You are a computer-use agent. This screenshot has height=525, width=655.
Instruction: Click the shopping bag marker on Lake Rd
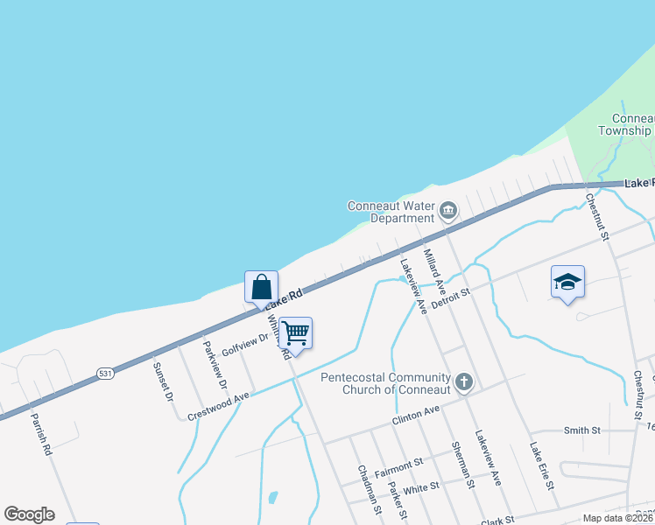pyautogui.click(x=261, y=286)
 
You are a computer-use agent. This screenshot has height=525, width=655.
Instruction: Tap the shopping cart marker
pyautogui.click(x=296, y=332)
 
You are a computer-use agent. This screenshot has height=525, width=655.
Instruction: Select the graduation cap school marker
pyautogui.click(x=567, y=282)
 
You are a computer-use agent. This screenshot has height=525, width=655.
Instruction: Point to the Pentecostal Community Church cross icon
pyautogui.click(x=464, y=381)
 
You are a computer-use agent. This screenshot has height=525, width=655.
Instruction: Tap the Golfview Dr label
pyautogui.click(x=244, y=346)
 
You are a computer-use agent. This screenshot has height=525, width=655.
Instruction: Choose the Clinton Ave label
pyautogui.click(x=415, y=412)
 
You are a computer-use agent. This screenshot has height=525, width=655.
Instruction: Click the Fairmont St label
pyautogui.click(x=398, y=465)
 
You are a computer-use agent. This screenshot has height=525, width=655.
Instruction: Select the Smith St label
pyautogui.click(x=582, y=430)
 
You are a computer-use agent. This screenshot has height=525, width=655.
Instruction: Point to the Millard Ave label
pyautogui.click(x=435, y=269)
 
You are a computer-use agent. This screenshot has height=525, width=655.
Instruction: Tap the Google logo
pyautogui.click(x=29, y=514)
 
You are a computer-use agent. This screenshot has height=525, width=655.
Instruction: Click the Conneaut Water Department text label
pyautogui.click(x=391, y=212)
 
